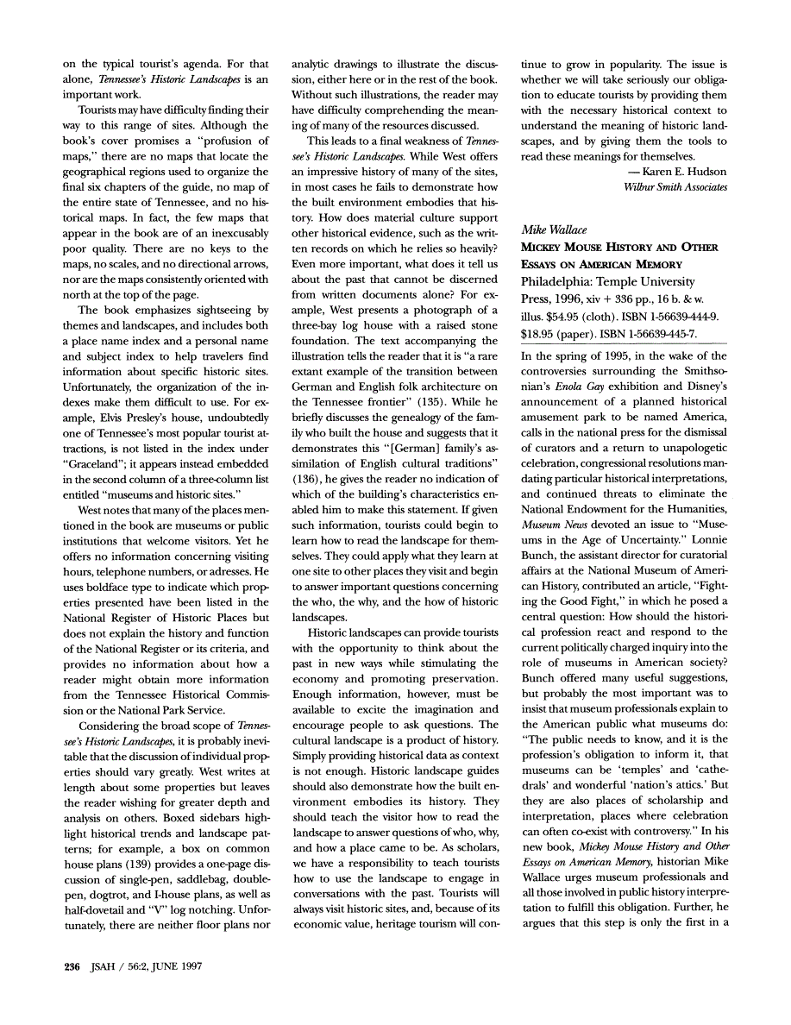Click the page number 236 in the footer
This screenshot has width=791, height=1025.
tap(72, 966)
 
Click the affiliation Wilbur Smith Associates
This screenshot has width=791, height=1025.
tap(675, 186)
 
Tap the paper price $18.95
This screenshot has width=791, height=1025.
tap(540, 333)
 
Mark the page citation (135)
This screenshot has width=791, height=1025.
tap(448, 401)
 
